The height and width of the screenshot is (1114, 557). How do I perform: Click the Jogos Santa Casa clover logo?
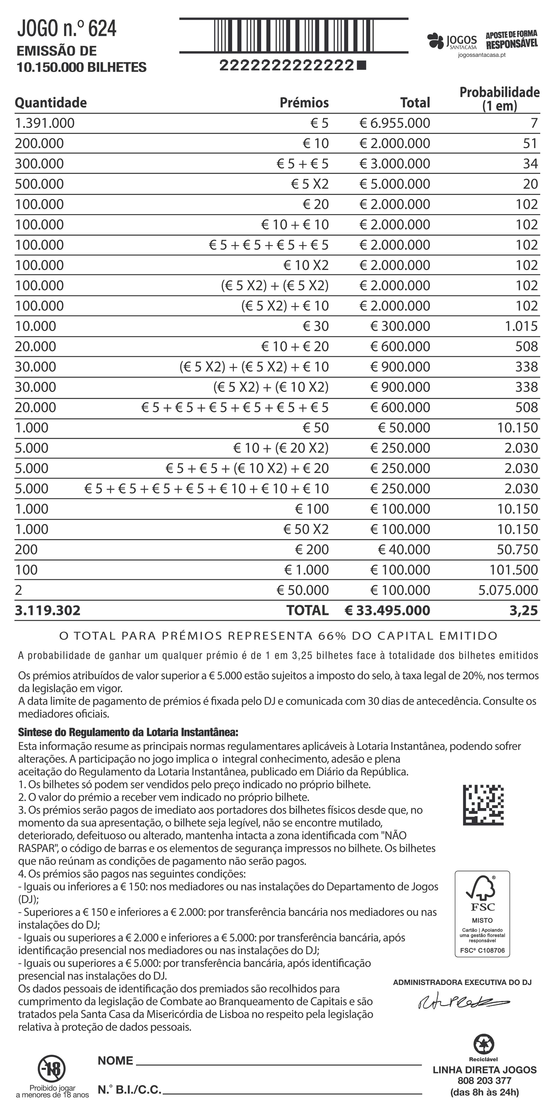click(435, 41)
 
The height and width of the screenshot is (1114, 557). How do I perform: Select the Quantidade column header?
click(51, 103)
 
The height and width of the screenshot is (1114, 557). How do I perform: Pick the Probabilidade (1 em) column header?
click(499, 99)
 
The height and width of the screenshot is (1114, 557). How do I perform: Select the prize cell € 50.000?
click(303, 590)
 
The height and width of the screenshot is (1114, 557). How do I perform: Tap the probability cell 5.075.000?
click(508, 590)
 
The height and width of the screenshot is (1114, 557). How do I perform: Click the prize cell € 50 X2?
click(306, 529)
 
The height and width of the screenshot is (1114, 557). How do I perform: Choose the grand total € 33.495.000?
click(388, 611)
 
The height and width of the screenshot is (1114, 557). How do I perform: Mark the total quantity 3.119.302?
click(48, 611)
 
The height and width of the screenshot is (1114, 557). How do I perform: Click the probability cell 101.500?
click(514, 570)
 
